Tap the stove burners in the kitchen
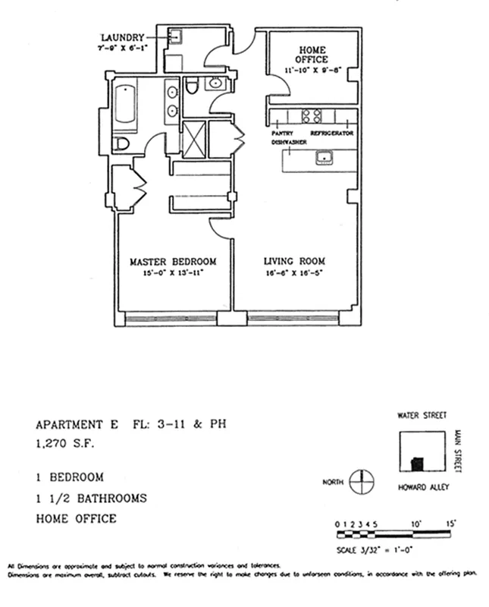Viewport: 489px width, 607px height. click(312, 116)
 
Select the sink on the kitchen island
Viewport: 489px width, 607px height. click(325, 158)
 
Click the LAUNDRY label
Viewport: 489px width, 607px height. click(124, 37)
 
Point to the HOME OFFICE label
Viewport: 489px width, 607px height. click(311, 54)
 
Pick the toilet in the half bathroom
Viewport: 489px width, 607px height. click(193, 86)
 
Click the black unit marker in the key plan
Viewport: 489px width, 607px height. click(415, 462)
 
